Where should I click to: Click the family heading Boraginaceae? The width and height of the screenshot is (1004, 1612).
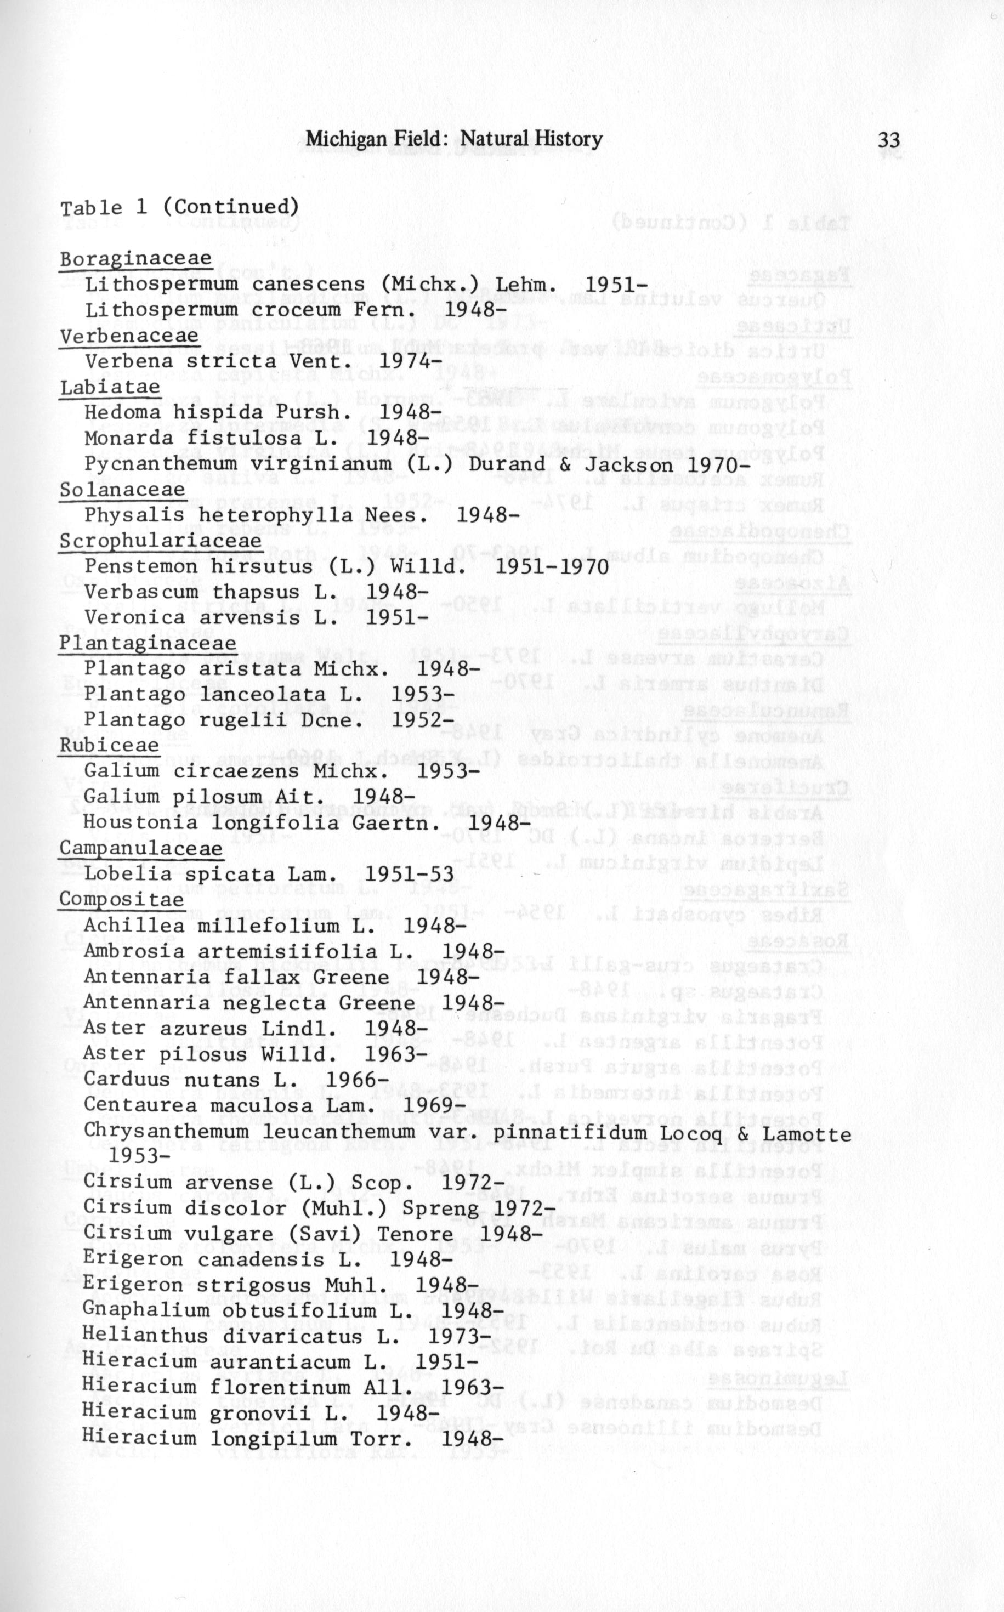135,258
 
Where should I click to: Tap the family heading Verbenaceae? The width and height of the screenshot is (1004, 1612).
129,336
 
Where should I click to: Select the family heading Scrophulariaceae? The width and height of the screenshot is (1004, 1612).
161,541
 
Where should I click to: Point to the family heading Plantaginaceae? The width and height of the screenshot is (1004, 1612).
148,643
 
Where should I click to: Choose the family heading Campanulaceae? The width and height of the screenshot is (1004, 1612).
141,848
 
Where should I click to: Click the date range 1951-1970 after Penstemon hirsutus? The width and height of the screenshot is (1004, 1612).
552,567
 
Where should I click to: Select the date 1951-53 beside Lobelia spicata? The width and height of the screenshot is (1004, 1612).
410,874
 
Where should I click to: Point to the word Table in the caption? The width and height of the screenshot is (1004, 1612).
92,208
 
